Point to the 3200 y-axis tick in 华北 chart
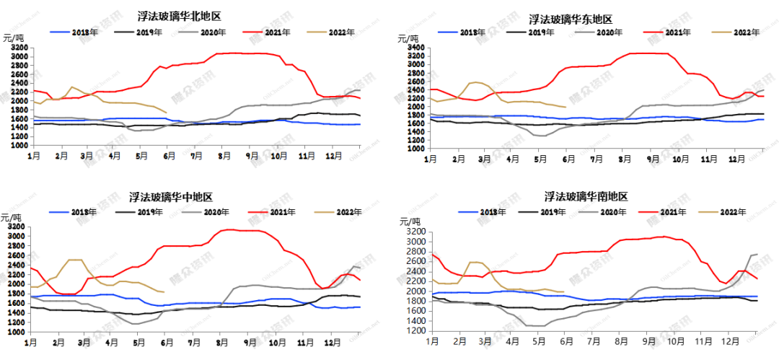20,48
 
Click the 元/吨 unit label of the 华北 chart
13,37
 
